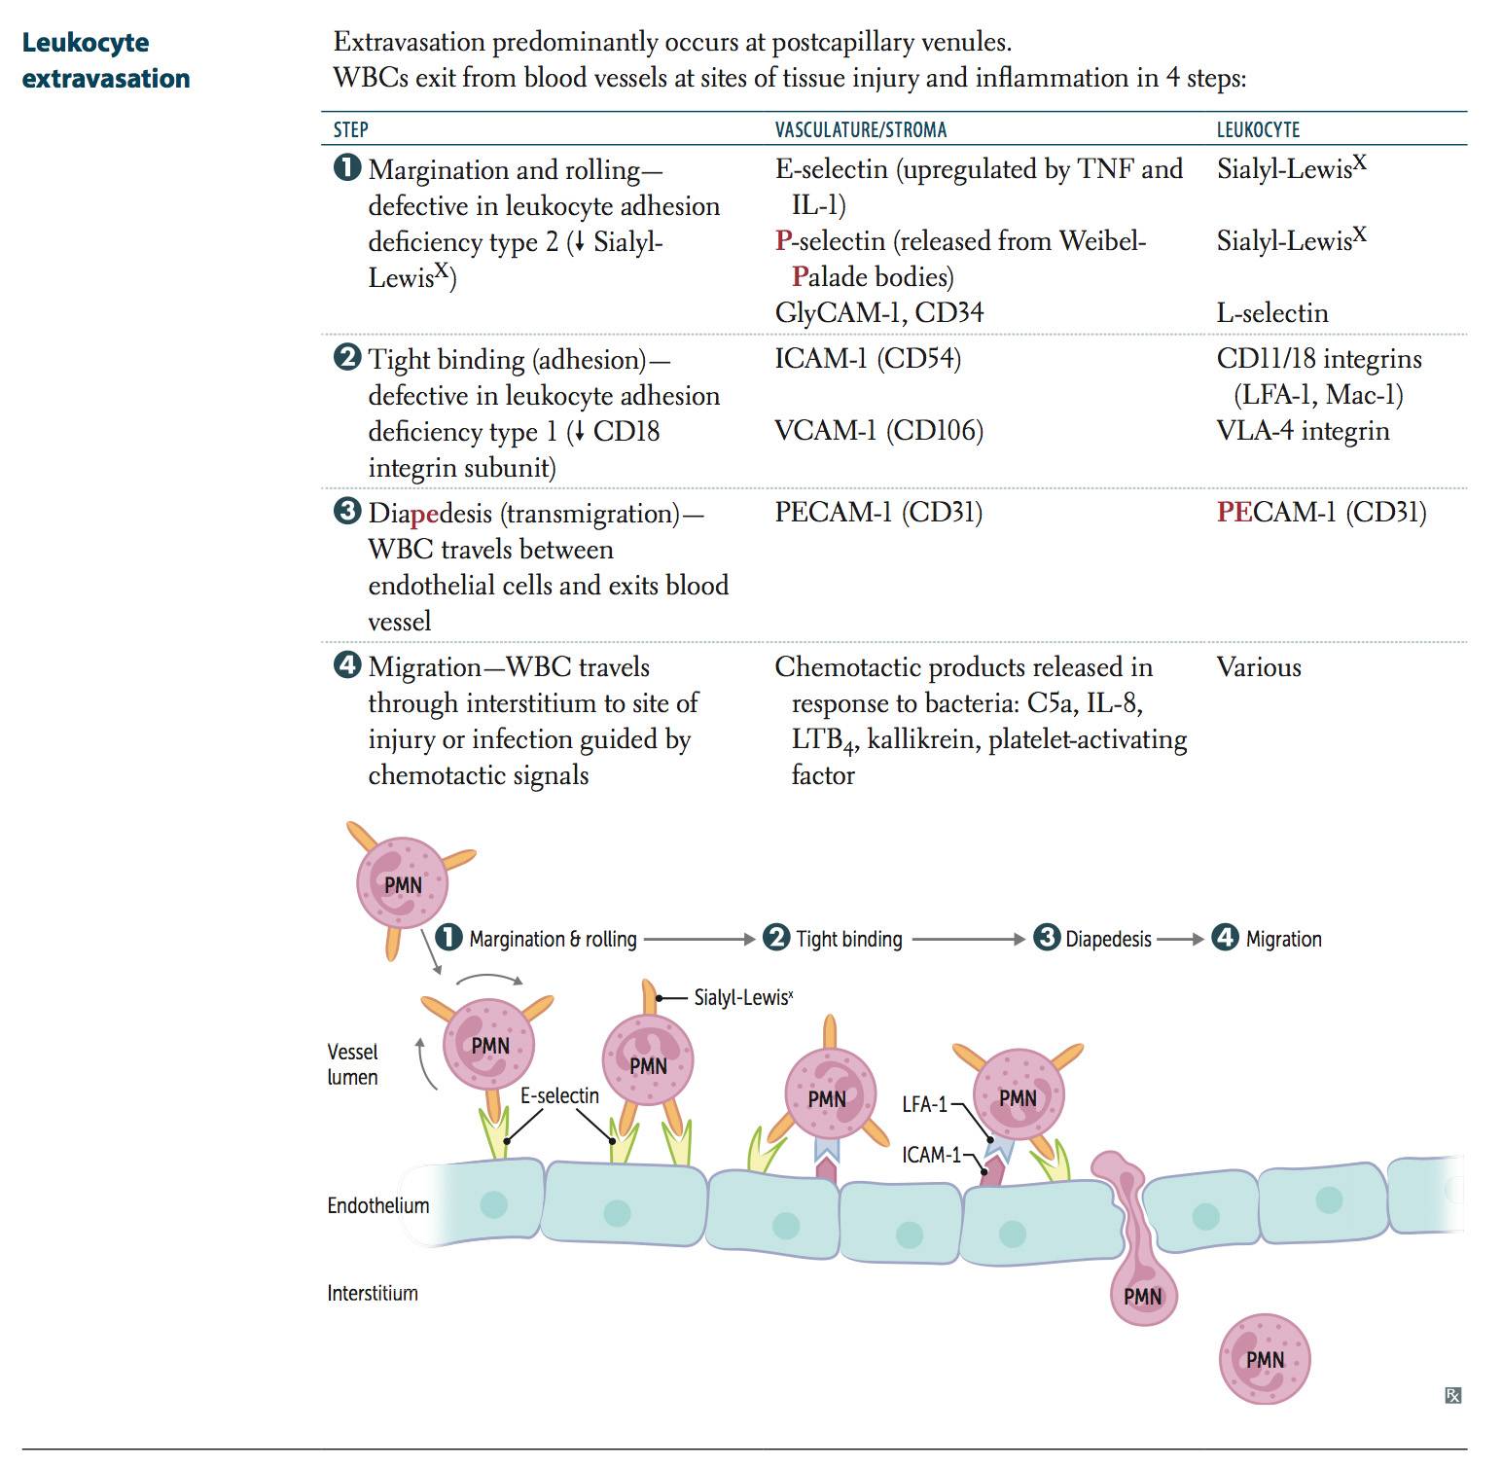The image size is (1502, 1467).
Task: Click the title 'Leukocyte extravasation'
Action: (105, 60)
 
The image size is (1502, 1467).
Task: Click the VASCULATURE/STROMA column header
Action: (860, 130)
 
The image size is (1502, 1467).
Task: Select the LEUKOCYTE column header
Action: (1258, 130)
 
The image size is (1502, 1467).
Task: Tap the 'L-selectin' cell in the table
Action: (1271, 313)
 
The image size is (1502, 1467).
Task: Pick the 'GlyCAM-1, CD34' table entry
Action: (878, 313)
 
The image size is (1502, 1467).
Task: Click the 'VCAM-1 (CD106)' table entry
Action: (878, 431)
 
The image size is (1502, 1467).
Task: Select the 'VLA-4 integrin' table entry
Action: (1303, 431)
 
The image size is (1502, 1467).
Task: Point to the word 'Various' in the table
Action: (1258, 667)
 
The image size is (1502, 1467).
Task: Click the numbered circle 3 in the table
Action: (346, 512)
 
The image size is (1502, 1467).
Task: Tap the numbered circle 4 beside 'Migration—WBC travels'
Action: (346, 665)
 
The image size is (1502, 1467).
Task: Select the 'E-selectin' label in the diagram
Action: (559, 1096)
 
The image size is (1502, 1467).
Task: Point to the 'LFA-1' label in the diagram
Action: (924, 1105)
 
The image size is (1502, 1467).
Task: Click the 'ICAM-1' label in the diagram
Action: (930, 1156)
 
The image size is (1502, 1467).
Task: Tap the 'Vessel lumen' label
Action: (352, 1065)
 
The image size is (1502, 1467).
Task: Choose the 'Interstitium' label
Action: (373, 1294)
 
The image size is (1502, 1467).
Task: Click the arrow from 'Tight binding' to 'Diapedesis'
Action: (968, 940)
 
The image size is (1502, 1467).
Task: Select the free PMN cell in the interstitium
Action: (1265, 1360)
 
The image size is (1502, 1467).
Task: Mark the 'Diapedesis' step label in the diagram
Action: (1108, 940)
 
